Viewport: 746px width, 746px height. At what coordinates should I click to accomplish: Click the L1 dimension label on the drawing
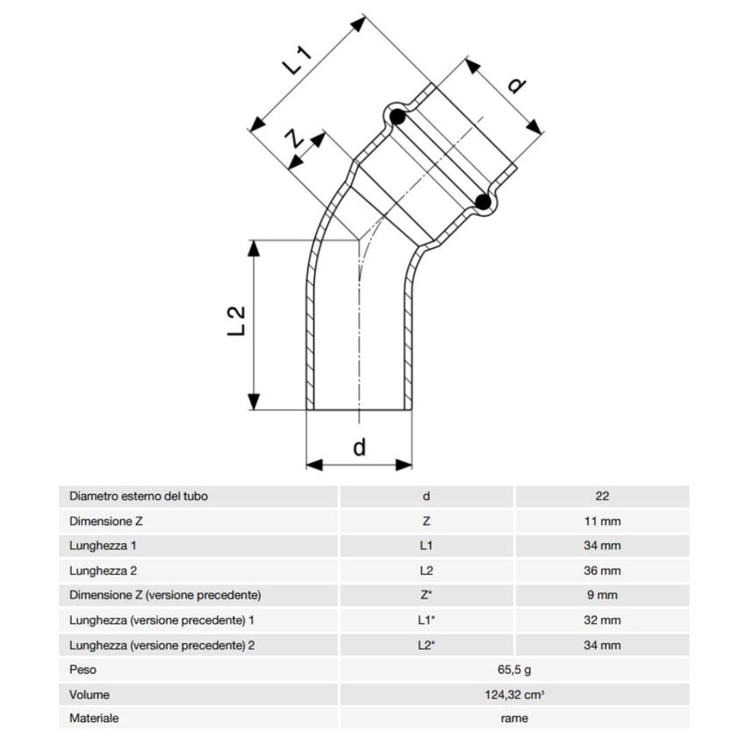(299, 62)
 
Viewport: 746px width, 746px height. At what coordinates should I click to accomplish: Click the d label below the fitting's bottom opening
(359, 447)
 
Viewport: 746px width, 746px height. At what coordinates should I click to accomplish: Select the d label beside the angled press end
(517, 85)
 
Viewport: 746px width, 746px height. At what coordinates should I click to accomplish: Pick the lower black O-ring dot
(482, 203)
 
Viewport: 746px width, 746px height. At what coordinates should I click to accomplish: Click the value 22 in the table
(602, 496)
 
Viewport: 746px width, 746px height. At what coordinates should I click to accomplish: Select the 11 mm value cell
(602, 520)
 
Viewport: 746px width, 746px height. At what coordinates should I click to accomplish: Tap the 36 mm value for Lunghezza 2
(602, 570)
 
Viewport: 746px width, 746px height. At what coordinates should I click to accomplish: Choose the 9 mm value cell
(602, 595)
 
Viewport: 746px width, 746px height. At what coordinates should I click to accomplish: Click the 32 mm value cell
(602, 620)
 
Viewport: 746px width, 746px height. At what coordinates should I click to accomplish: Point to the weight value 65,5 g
(514, 670)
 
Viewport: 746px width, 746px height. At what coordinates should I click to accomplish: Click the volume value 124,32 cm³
(514, 694)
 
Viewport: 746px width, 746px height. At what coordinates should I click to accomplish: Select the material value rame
(514, 718)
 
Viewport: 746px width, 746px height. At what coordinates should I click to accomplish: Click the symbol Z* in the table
(427, 595)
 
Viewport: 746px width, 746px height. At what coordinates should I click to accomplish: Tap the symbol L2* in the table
(427, 645)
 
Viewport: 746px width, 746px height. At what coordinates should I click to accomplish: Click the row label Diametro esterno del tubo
(139, 496)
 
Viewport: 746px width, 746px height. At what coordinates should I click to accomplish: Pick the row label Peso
(83, 670)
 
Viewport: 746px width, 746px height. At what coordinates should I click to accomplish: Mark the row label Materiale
(94, 718)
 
